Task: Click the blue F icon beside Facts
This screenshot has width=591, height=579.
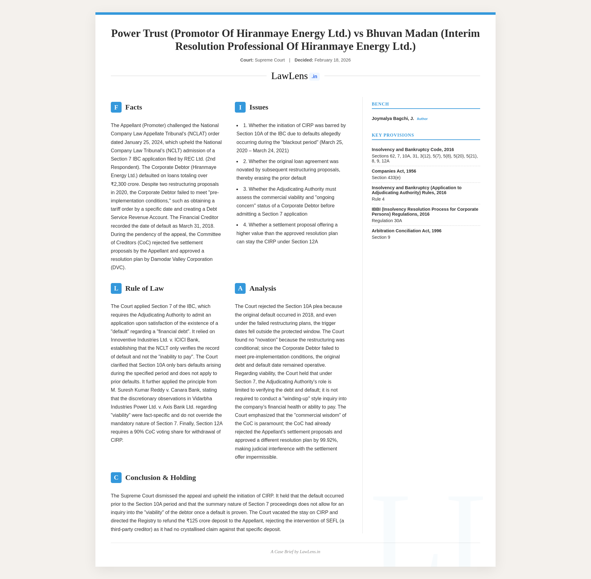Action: (116, 107)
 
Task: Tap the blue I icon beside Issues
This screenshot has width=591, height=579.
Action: (240, 107)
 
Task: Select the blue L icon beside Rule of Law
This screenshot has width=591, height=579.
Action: (116, 289)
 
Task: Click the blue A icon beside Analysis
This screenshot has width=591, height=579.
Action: (240, 289)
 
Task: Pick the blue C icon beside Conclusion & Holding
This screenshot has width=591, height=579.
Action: (116, 478)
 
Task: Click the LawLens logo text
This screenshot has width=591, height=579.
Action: (289, 76)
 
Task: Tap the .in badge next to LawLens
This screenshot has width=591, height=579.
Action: (314, 77)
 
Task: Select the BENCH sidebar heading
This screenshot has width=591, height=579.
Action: (380, 104)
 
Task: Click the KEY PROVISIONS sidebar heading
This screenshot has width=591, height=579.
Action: (393, 135)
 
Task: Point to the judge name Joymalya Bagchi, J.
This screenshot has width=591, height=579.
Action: (393, 118)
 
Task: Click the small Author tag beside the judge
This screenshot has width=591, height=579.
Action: (422, 119)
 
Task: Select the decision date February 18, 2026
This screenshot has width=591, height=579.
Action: (332, 60)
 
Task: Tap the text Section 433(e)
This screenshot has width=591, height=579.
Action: (386, 178)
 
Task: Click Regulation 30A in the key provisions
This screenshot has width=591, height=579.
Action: (387, 221)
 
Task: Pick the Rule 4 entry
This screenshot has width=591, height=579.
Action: (378, 199)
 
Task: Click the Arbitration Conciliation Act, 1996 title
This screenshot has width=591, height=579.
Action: (406, 231)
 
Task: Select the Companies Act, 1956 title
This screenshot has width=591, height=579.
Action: (394, 171)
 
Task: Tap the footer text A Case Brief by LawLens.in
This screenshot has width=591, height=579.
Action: (295, 552)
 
